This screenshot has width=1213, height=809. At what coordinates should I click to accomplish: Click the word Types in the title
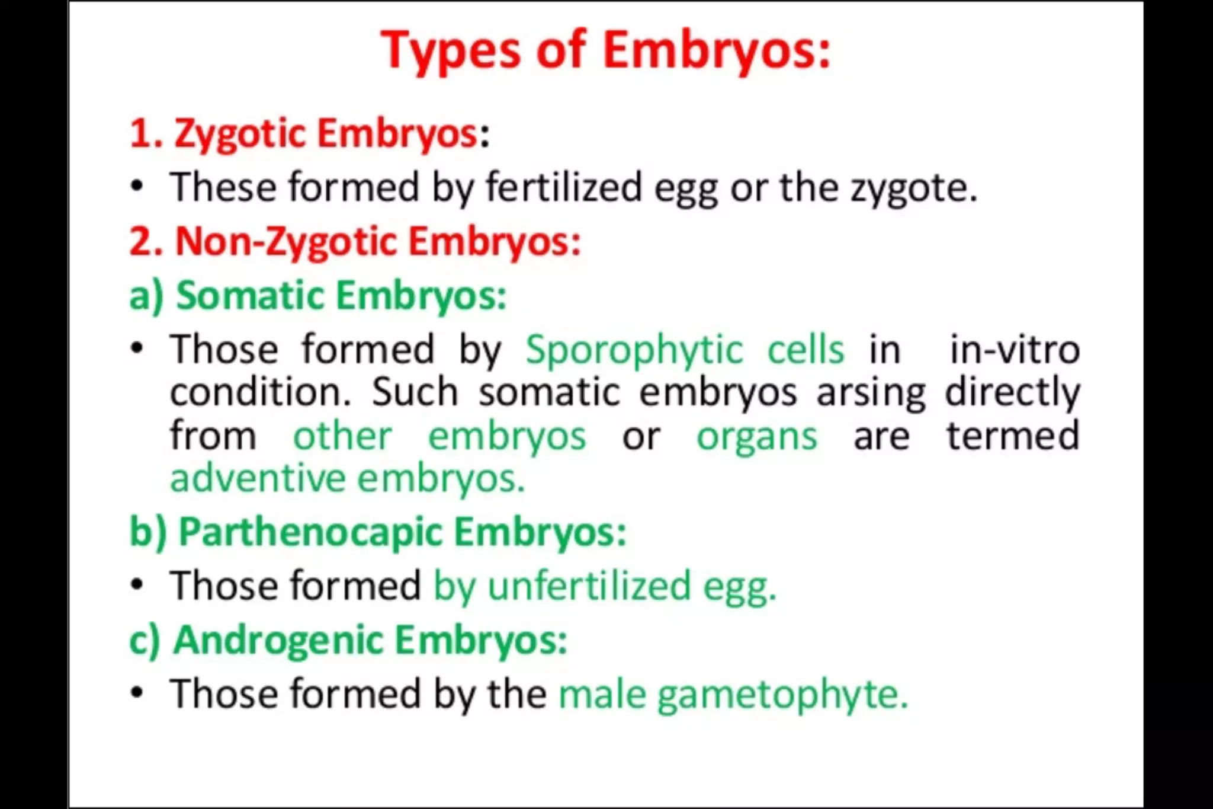click(x=451, y=51)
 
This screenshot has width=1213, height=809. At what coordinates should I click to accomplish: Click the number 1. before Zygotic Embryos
click(x=145, y=133)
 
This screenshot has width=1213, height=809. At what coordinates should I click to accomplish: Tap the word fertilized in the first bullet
click(x=563, y=187)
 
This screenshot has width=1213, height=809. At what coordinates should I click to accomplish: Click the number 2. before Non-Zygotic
click(x=146, y=242)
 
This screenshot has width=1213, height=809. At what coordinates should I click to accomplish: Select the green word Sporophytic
click(x=634, y=350)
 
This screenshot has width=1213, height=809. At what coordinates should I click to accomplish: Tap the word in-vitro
click(x=1015, y=350)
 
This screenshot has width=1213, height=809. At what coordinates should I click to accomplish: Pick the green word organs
click(x=756, y=437)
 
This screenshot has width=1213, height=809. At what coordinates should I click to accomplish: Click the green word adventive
click(x=258, y=478)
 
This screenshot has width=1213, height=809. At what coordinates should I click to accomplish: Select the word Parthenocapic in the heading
click(x=310, y=532)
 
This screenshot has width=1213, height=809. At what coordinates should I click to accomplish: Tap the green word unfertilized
click(x=589, y=586)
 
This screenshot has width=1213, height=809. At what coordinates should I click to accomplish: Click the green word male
click(x=602, y=695)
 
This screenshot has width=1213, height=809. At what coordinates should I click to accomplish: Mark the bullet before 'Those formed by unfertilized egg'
click(x=137, y=585)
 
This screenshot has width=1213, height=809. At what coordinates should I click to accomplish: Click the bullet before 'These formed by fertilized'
click(x=137, y=186)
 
